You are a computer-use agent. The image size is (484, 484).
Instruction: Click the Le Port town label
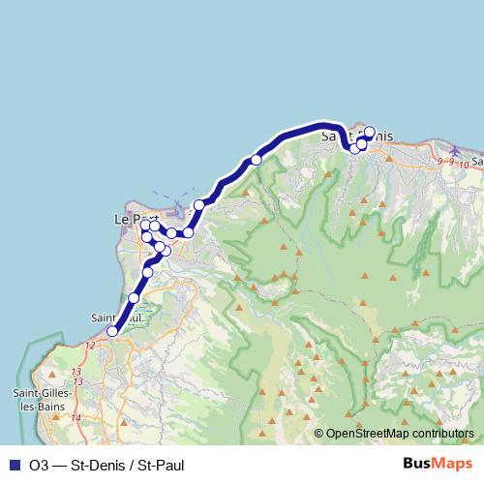[136, 219]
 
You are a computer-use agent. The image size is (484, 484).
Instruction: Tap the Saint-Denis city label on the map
[356, 136]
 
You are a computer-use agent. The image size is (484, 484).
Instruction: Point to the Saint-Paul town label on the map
[116, 318]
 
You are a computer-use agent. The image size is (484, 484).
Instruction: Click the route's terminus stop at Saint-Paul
[112, 331]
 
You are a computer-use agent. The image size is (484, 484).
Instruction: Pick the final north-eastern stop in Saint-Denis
[369, 133]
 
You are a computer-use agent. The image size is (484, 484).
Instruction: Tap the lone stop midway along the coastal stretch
[257, 160]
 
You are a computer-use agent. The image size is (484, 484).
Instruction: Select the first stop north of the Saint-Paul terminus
[134, 298]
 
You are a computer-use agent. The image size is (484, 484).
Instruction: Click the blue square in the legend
[14, 466]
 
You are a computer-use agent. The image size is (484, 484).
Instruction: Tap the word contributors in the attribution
[444, 435]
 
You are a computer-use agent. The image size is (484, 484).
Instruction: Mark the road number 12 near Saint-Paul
[90, 345]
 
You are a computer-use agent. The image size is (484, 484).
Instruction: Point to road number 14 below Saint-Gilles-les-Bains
[76, 417]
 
